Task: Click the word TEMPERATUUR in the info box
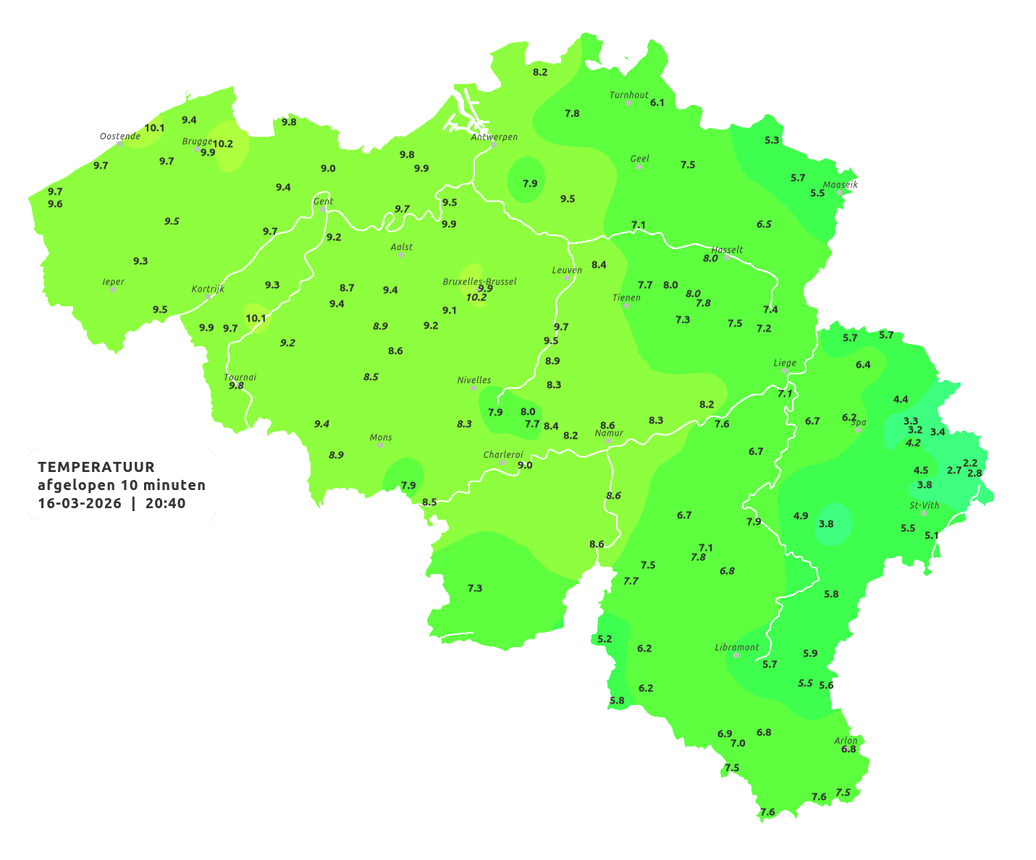click(x=96, y=467)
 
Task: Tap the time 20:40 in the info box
click(x=165, y=503)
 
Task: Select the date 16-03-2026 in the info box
click(x=80, y=503)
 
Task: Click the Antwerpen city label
click(x=494, y=136)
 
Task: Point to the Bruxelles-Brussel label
click(x=479, y=281)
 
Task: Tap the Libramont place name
click(x=737, y=647)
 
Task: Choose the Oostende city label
click(x=119, y=135)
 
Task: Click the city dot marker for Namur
click(x=608, y=441)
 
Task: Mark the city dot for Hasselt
click(x=727, y=258)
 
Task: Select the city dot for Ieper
click(x=113, y=290)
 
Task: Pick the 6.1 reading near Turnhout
click(x=657, y=103)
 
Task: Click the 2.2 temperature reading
click(x=970, y=463)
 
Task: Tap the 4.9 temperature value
click(x=801, y=516)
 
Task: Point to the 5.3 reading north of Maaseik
click(x=772, y=140)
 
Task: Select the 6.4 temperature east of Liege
click(x=863, y=365)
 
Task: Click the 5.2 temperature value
click(x=605, y=638)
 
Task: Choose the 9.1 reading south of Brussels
click(x=450, y=310)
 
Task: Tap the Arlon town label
click(x=846, y=740)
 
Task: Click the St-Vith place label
click(x=924, y=505)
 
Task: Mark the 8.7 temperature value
click(x=347, y=287)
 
